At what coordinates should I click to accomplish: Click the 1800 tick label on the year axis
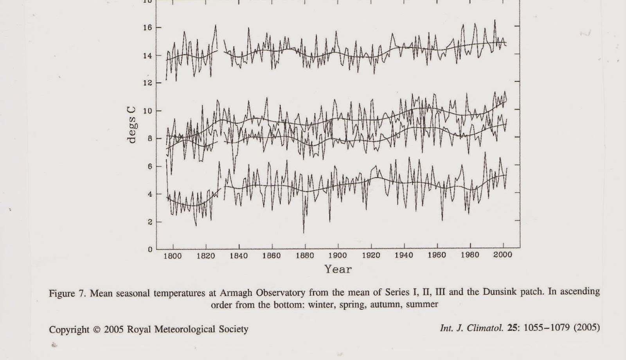point(172,256)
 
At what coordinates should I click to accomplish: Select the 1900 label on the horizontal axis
point(338,256)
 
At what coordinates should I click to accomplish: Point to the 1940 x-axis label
point(404,256)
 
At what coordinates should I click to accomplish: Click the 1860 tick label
point(272,256)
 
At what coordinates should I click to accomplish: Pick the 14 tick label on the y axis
point(147,56)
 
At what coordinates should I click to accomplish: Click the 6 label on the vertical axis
point(149,166)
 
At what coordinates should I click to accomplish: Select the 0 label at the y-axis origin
point(149,249)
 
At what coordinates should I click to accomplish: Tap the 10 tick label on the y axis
point(147,111)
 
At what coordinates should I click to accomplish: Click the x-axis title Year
point(338,269)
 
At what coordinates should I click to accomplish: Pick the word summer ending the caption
point(422,304)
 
